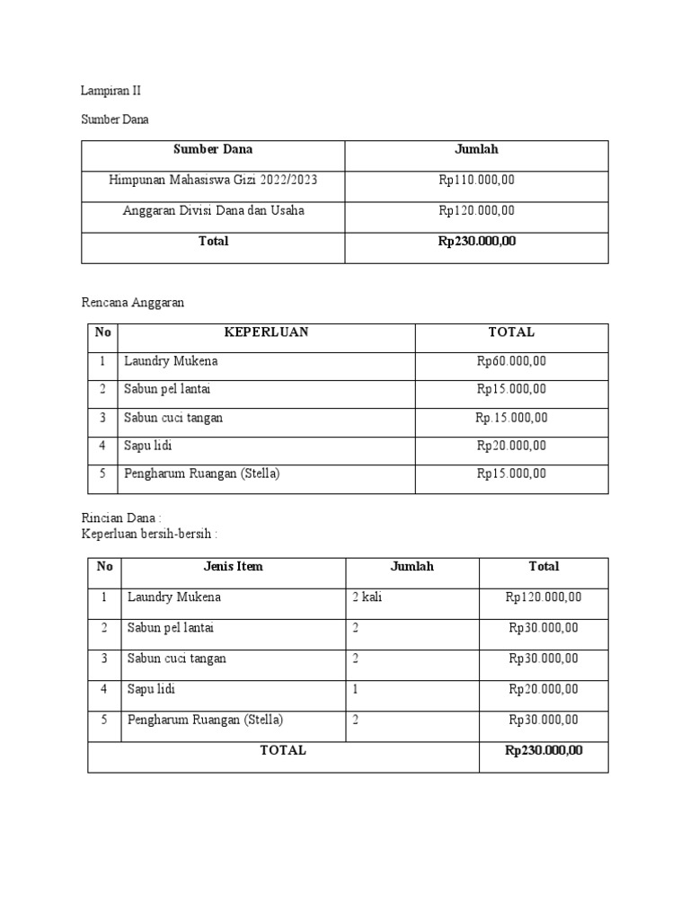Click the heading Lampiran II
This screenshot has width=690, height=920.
click(111, 91)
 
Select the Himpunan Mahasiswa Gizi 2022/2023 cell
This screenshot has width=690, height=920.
click(213, 181)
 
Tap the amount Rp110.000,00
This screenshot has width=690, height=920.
click(477, 181)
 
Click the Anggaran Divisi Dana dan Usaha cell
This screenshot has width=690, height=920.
click(213, 211)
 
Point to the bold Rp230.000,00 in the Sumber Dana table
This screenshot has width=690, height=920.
click(477, 241)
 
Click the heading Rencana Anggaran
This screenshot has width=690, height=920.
click(133, 303)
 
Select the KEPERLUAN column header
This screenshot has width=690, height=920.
click(266, 332)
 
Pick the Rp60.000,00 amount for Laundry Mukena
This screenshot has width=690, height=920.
click(511, 361)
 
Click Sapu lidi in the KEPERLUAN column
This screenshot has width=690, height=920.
click(150, 446)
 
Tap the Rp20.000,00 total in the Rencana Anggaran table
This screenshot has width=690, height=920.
click(511, 446)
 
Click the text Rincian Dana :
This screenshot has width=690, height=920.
click(121, 518)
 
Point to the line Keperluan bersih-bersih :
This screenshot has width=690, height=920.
click(150, 534)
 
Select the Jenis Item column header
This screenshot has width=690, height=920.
click(234, 567)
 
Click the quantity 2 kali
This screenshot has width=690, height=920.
click(367, 597)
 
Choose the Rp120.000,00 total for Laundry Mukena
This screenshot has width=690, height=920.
click(544, 597)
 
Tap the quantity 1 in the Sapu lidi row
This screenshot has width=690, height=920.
click(356, 689)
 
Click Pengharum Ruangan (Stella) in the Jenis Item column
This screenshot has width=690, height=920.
click(206, 720)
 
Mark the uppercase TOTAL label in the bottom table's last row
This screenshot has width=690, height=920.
click(283, 750)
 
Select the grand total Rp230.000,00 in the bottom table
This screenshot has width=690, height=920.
click(544, 750)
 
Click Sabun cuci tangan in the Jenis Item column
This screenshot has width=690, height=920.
click(177, 659)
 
